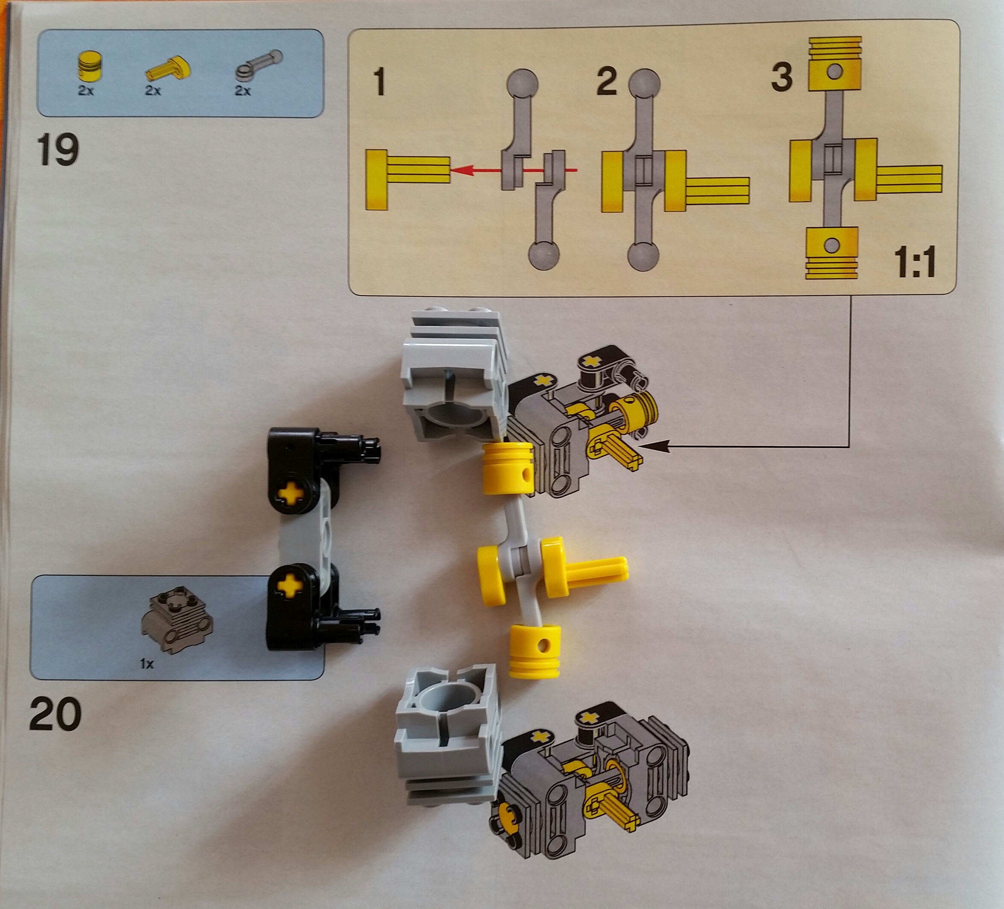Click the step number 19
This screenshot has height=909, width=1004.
tap(57, 150)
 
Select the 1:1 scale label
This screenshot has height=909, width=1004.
tap(914, 262)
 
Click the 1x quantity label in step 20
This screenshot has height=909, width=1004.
tap(147, 663)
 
